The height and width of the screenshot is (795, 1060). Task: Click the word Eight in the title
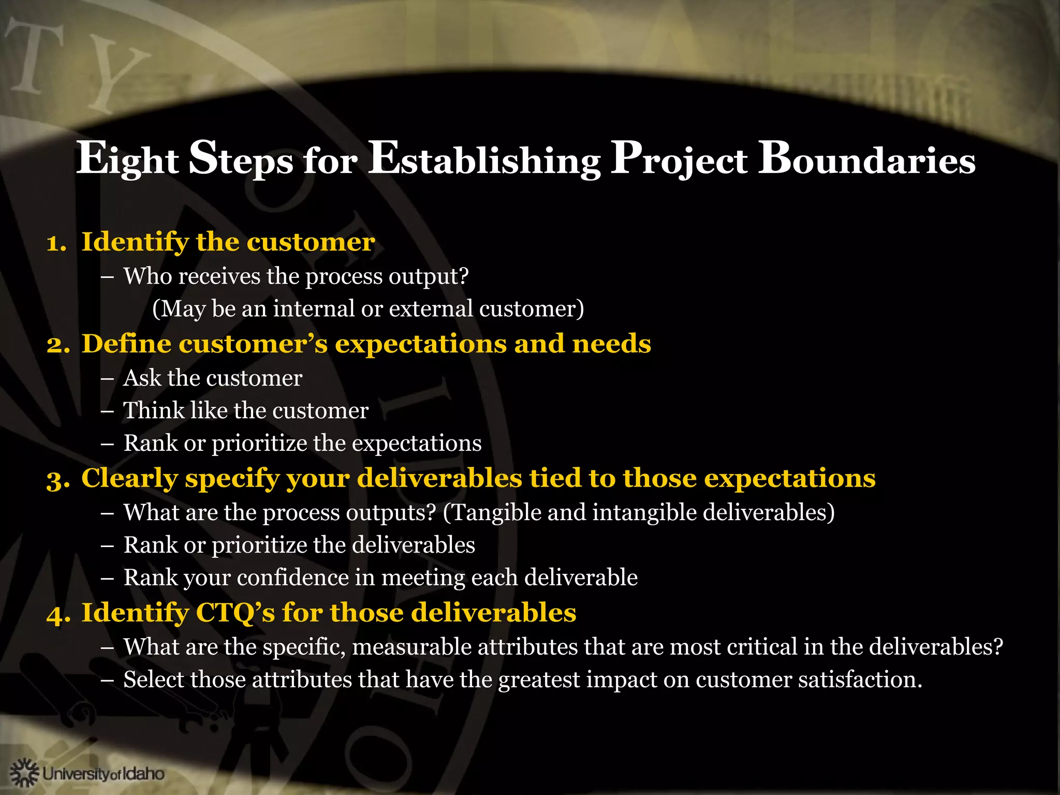tap(127, 159)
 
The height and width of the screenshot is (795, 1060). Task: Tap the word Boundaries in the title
tap(866, 159)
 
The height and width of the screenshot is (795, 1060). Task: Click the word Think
tap(153, 410)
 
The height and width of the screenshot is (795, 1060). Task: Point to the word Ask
tap(142, 378)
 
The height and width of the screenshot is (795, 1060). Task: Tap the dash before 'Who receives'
tap(108, 277)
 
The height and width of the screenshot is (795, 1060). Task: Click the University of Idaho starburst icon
tap(24, 773)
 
